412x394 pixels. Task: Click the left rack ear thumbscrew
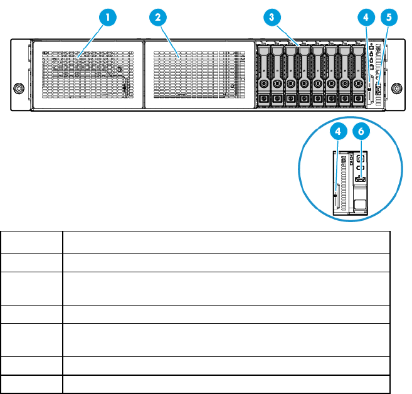19,88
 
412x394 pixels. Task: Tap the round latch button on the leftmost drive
263,83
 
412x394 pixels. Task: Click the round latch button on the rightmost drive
358,83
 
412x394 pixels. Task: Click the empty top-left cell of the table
31,242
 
